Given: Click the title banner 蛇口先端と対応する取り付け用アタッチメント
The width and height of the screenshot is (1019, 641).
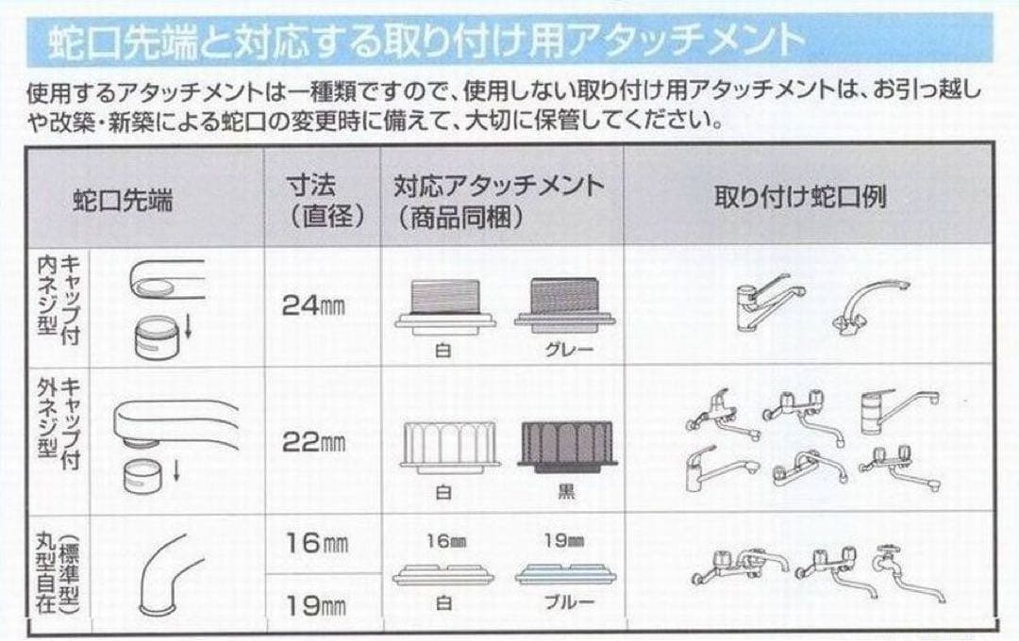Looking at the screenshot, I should tap(425, 42).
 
